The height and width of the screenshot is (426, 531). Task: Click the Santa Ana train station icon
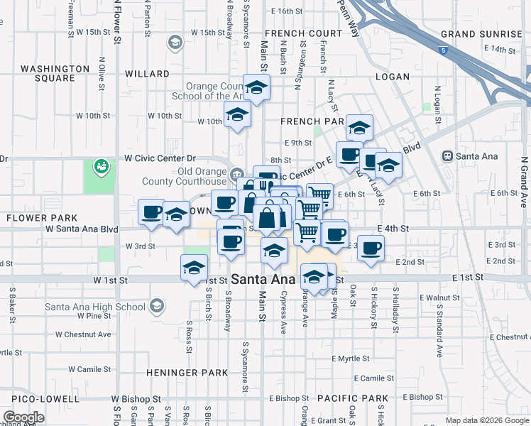tap(447, 156)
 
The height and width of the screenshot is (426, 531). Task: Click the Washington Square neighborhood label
tap(55, 73)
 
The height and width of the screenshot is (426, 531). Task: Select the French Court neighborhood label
tap(303, 33)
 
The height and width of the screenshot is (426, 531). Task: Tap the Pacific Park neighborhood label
tap(353, 398)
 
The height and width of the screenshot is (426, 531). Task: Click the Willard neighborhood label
tap(147, 74)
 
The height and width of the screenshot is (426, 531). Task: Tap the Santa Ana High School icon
tap(156, 307)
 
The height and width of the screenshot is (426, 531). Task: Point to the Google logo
tap(23, 417)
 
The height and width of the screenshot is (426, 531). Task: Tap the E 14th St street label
tap(499, 49)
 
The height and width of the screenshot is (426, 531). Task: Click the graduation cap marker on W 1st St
tap(193, 269)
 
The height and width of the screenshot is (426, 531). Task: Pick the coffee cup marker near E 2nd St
tap(371, 248)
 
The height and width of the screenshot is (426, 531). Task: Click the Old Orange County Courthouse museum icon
tap(237, 172)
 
